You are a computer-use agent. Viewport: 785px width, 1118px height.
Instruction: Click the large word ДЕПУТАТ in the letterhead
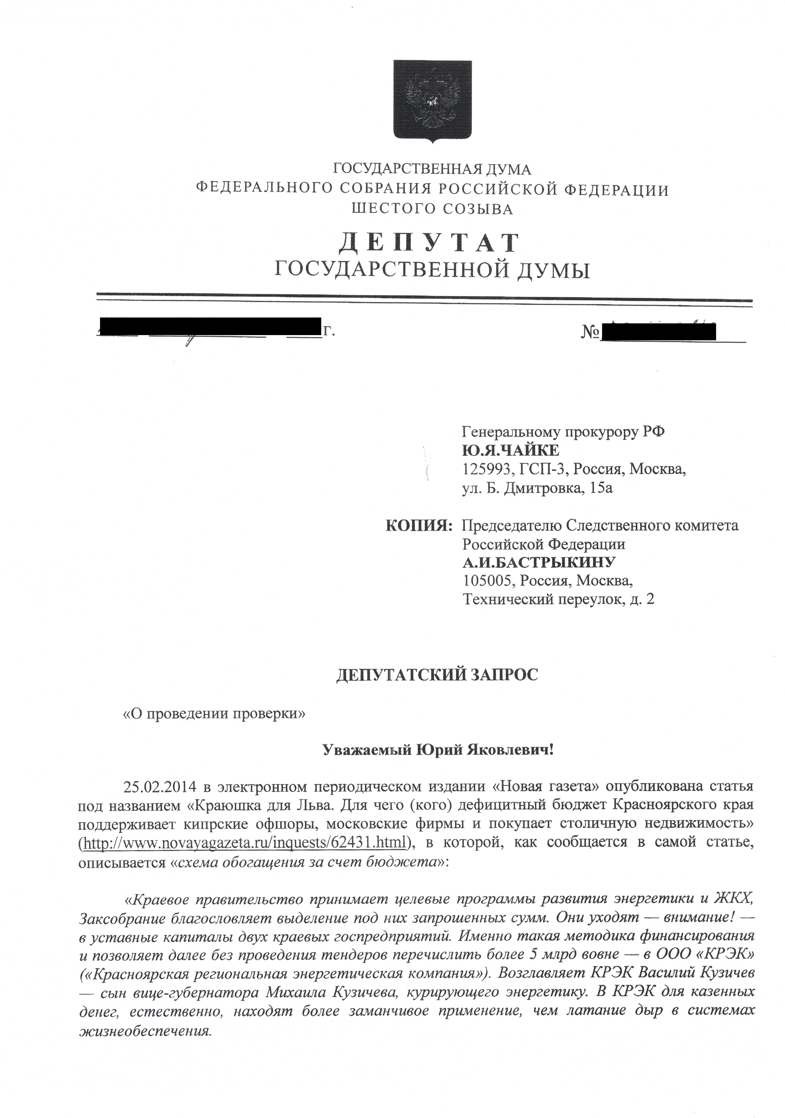[429, 242]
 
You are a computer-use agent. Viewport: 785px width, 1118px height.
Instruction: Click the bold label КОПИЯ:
[419, 525]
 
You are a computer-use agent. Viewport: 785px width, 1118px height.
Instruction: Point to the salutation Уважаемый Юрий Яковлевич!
[438, 750]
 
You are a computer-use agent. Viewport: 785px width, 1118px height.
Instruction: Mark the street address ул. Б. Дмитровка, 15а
[537, 487]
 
